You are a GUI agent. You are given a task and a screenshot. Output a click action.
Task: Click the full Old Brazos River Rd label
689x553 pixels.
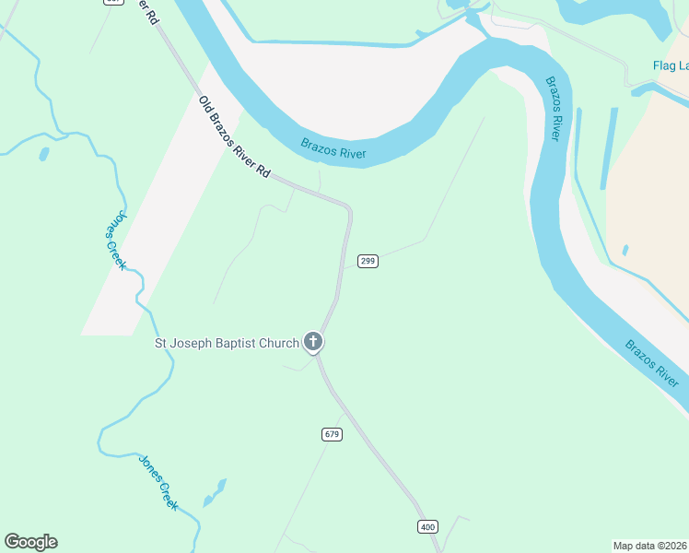coord(235,137)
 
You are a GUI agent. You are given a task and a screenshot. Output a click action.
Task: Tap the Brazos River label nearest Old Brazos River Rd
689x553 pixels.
coord(333,147)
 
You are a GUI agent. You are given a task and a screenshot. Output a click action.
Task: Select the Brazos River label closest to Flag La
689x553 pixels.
coord(553,108)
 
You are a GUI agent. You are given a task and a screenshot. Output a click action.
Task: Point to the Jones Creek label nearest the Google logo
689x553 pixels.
coord(158,481)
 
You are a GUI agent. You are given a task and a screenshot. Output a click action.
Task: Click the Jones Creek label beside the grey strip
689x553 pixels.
coord(114,241)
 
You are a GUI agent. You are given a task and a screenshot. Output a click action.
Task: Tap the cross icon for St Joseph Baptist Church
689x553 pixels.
coord(313,343)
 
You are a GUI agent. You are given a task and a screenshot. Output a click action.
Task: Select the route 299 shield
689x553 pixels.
coord(368,261)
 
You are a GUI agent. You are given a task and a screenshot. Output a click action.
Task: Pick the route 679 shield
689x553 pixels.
coord(333,433)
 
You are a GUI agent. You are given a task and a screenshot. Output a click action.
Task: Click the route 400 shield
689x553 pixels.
coord(427,526)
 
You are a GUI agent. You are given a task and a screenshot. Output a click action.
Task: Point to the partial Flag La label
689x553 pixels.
coord(670,65)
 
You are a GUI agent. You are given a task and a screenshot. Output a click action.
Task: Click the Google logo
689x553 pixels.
coord(30,542)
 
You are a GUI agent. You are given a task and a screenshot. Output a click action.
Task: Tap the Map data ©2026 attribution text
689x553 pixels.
coord(649,545)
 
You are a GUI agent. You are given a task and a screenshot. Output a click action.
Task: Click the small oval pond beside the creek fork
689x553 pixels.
coord(43,154)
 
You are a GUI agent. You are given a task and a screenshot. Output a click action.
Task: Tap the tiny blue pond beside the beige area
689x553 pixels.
coord(625,250)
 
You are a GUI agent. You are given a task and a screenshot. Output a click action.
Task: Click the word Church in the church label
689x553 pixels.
coord(280,344)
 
